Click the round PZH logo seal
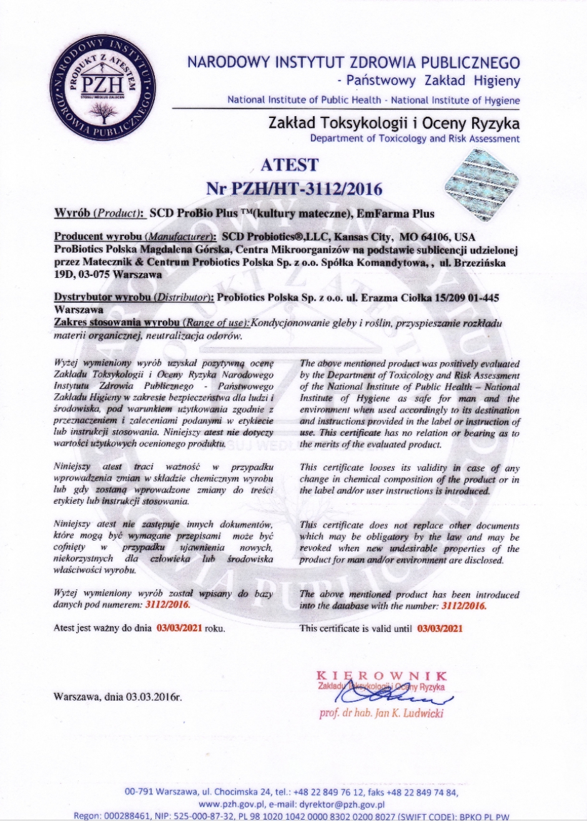(104, 87)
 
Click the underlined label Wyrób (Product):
(99, 214)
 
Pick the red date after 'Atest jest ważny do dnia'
(179, 628)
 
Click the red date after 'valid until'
(440, 628)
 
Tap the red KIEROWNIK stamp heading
(382, 676)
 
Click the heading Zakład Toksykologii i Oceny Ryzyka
(393, 123)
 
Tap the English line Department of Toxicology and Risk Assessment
(415, 138)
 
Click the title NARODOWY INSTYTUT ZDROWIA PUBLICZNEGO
(353, 62)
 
